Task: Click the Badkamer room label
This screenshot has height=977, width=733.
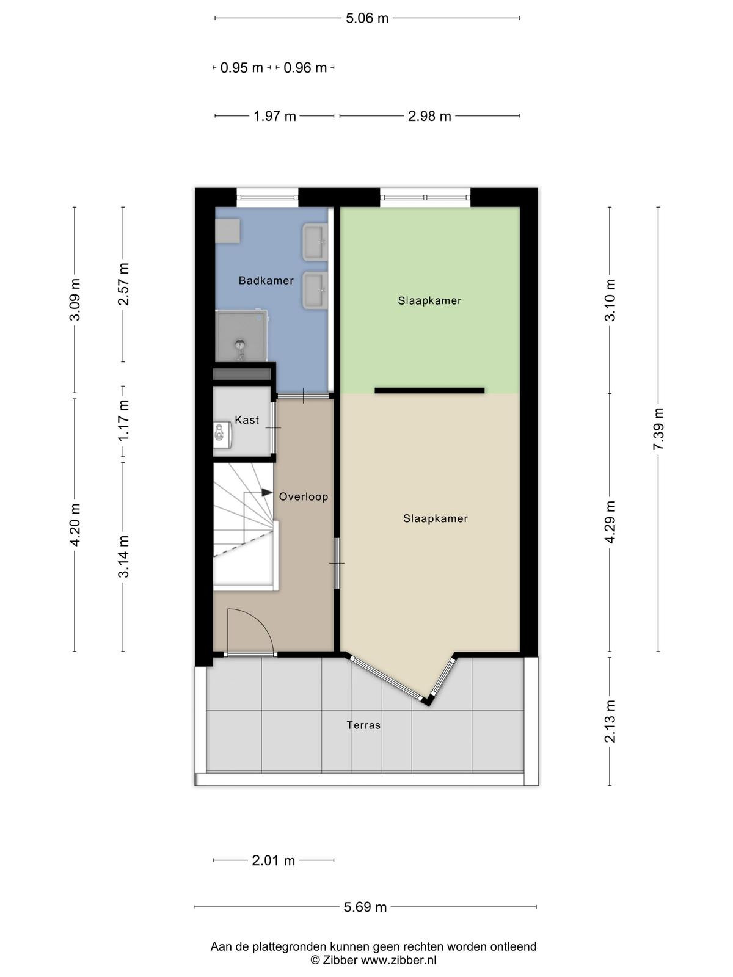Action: pos(266,280)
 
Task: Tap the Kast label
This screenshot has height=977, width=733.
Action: pos(247,419)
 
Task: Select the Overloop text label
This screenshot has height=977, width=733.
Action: pos(304,496)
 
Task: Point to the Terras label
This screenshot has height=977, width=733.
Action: pos(363,725)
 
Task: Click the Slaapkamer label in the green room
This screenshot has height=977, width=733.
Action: pos(429,300)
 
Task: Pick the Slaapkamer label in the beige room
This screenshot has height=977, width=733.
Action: pos(436,518)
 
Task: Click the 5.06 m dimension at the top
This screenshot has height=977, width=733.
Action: pos(367,18)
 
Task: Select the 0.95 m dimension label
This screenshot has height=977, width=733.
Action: pos(242,68)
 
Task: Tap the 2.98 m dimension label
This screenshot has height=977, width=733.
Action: pos(429,116)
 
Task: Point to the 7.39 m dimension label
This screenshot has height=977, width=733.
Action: pos(658,429)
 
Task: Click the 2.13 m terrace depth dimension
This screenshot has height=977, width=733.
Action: pos(610,721)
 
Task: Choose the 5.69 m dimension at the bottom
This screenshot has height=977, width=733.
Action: pos(365,907)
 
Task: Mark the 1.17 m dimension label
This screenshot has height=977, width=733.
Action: pos(123,421)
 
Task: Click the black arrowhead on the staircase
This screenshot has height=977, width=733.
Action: pos(266,492)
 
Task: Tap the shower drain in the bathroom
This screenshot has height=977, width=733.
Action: pos(240,344)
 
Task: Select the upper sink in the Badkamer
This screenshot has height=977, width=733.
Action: pos(315,242)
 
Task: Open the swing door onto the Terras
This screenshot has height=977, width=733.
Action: pos(250,632)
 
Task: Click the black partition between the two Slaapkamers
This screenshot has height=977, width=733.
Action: pos(429,390)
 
